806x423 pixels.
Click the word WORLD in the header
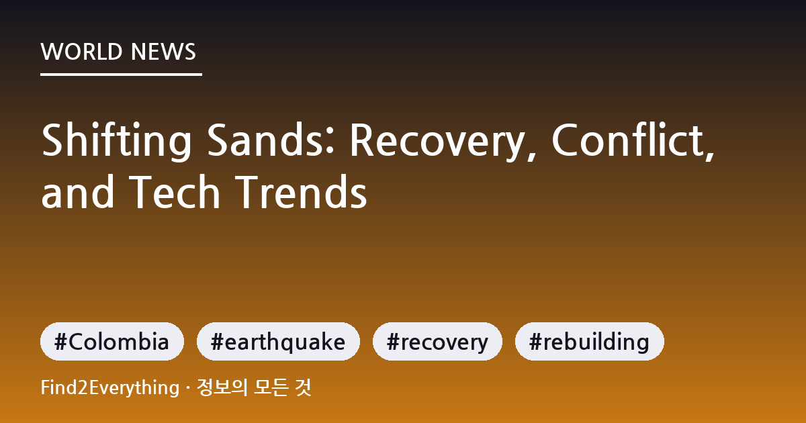click(81, 52)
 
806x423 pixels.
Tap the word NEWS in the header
click(163, 52)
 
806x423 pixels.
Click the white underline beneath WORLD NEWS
click(121, 75)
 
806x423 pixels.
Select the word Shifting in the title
click(117, 141)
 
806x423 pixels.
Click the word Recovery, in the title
click(443, 141)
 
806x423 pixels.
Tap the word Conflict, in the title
click(633, 140)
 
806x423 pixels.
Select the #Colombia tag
click(112, 341)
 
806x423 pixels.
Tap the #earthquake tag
click(278, 341)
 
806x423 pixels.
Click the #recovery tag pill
click(437, 341)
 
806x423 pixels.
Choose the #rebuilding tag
click(590, 341)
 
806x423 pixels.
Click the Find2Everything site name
click(110, 388)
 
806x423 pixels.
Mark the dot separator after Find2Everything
click(188, 388)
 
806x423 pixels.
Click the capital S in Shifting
click(53, 140)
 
